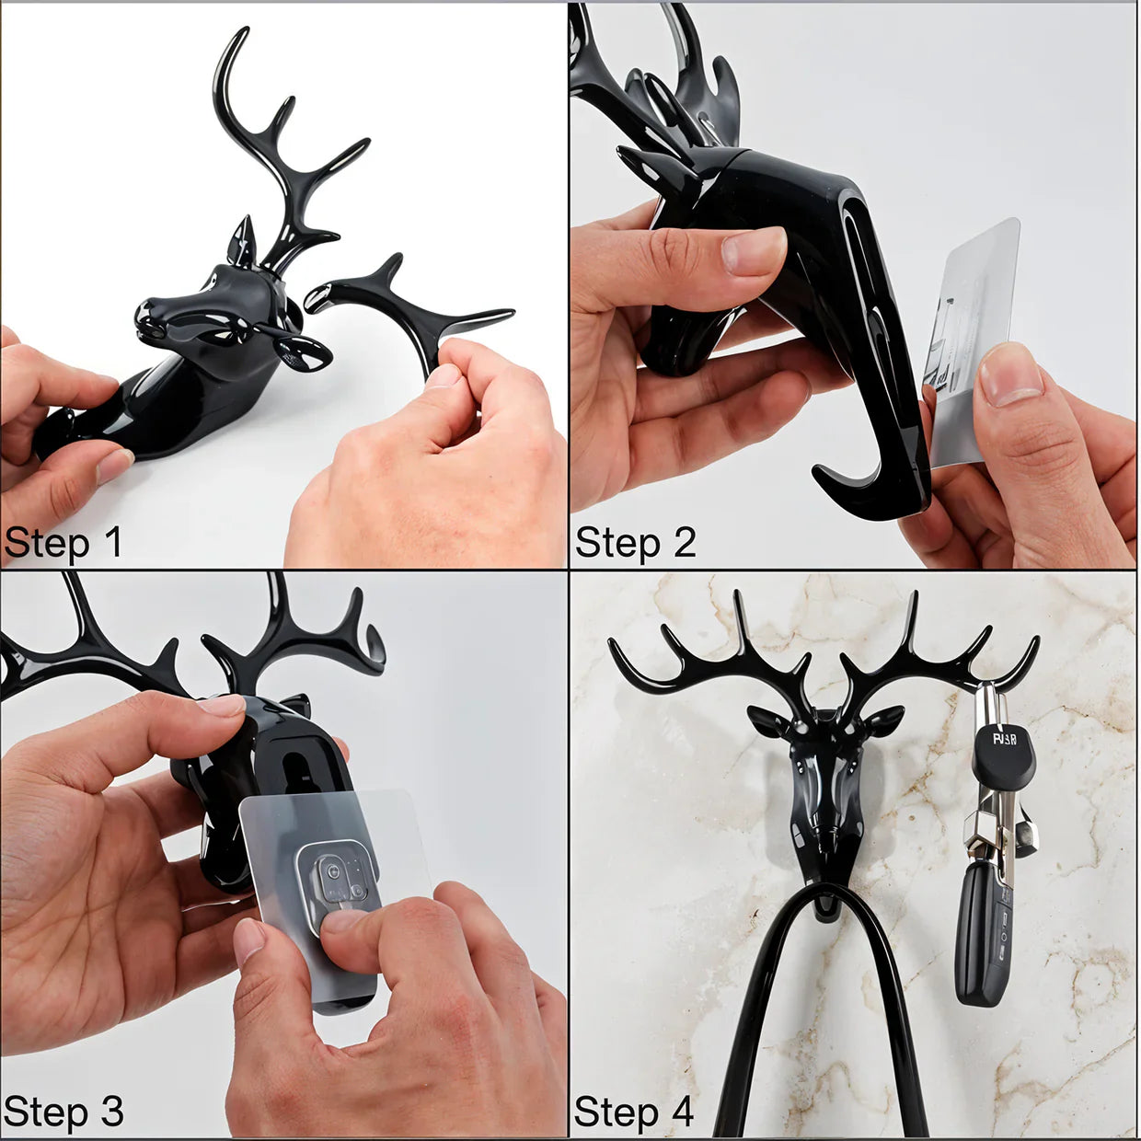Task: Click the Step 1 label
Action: click(x=63, y=543)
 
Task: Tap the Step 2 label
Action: click(x=635, y=543)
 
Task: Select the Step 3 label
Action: click(x=63, y=1112)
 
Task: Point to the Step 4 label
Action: click(x=633, y=1112)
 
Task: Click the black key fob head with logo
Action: click(x=1003, y=750)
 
